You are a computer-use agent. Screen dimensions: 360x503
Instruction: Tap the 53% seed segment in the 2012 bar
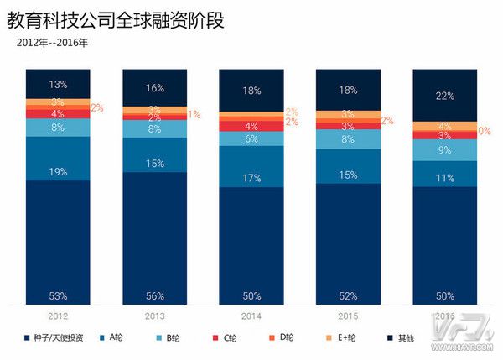[x=58, y=243]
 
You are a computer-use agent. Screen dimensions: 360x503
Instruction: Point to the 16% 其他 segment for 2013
[x=154, y=87]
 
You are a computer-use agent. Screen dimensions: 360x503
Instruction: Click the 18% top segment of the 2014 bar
[x=251, y=91]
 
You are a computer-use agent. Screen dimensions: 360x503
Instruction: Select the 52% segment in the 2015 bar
[x=347, y=243]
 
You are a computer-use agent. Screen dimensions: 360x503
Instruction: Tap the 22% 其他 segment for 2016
[x=443, y=96]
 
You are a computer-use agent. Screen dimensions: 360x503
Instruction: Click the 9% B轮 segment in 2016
[x=443, y=151]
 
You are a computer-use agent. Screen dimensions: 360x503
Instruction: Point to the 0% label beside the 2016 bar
[x=485, y=131]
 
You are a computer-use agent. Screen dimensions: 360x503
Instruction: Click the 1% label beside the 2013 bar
[x=194, y=114]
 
